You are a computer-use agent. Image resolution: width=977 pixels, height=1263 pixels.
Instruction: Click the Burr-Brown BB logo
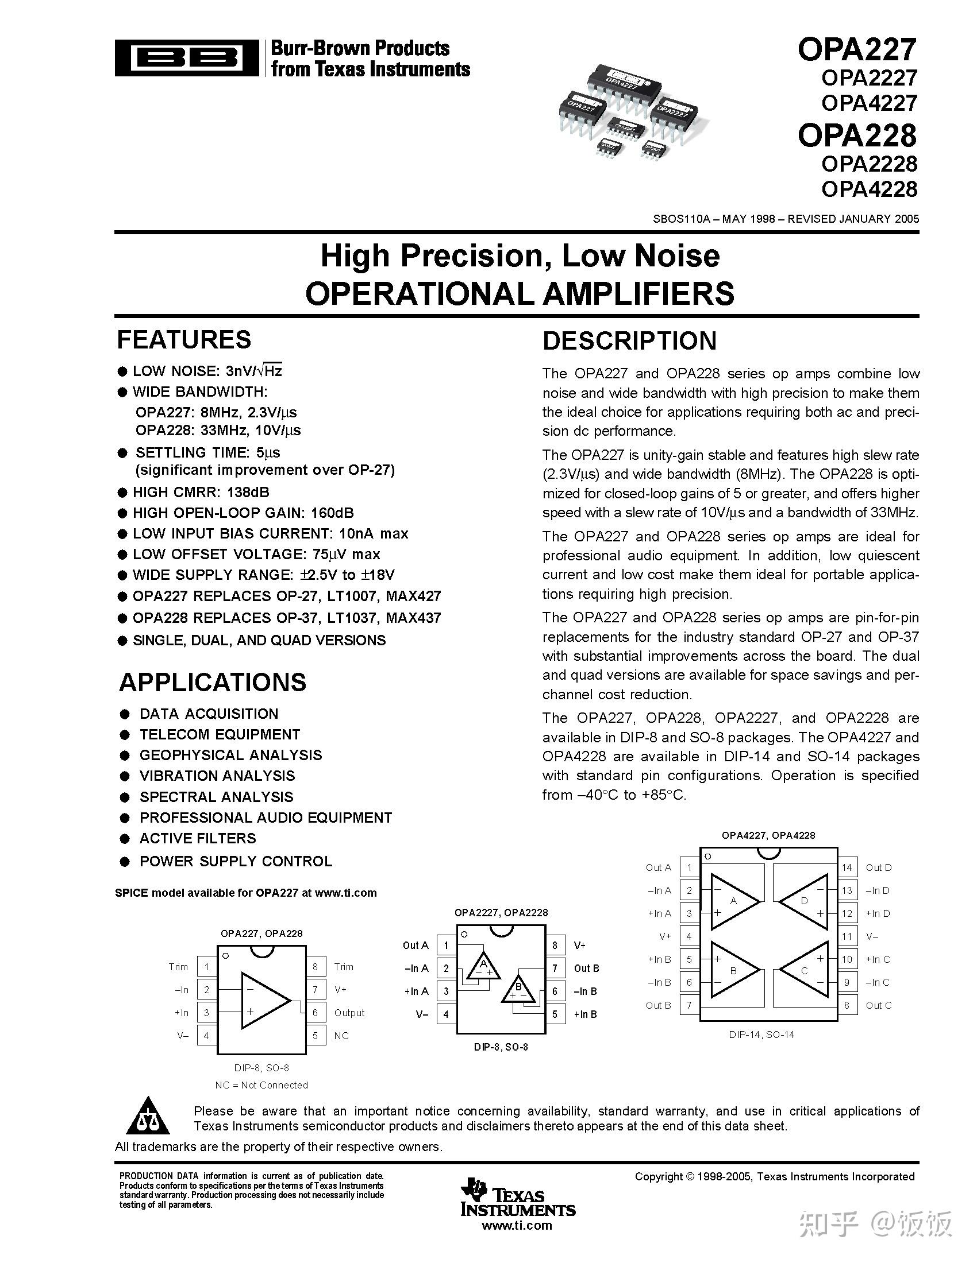tap(186, 58)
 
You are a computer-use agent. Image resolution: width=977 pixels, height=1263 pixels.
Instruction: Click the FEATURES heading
tap(184, 339)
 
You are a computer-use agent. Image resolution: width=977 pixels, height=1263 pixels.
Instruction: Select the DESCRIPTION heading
tap(629, 340)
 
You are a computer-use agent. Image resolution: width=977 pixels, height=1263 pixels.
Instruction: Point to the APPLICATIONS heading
tap(213, 683)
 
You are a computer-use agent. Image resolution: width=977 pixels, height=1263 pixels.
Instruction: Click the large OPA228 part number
tap(857, 135)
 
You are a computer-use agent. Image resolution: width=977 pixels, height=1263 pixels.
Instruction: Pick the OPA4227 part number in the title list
tap(869, 103)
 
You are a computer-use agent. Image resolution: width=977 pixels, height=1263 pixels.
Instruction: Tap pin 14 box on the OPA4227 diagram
tap(847, 867)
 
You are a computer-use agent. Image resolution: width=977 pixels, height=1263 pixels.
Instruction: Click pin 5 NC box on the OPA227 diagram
tap(316, 1036)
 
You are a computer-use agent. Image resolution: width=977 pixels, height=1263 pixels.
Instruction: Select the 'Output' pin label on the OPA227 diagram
tap(349, 1013)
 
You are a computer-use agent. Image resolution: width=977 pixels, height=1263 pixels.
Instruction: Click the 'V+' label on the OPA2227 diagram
tap(580, 945)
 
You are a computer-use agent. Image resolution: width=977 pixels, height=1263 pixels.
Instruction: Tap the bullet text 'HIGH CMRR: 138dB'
tap(201, 492)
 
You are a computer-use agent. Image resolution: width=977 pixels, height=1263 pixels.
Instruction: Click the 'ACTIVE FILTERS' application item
tap(197, 839)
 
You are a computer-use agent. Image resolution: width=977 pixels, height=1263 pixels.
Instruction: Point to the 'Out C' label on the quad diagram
tap(878, 1005)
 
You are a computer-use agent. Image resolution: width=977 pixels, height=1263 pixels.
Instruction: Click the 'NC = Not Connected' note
tap(261, 1085)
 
